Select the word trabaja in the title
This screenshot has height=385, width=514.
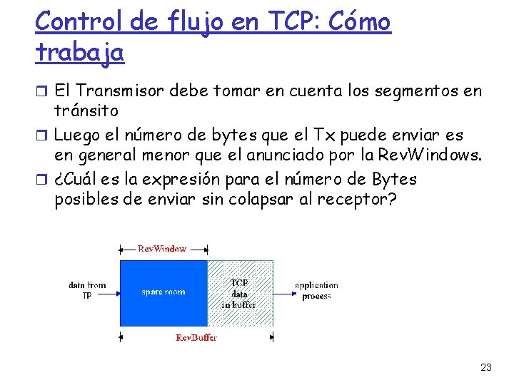click(79, 52)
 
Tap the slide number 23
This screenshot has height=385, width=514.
click(486, 367)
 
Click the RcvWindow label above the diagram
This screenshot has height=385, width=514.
click(162, 249)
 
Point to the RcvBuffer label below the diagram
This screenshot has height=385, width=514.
click(196, 337)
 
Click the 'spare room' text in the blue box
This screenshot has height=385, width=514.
click(163, 292)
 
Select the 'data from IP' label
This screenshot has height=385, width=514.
click(87, 290)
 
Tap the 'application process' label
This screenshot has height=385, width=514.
click(316, 290)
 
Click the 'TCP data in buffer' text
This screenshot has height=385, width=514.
click(238, 293)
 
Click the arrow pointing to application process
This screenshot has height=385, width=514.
click(282, 292)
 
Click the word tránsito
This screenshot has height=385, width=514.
click(86, 111)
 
